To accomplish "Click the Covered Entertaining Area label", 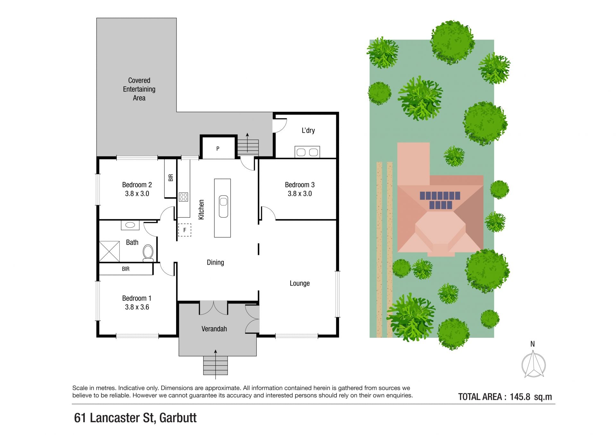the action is (x=139, y=89).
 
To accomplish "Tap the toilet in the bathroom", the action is (x=148, y=253).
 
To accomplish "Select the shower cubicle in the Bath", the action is (x=109, y=251).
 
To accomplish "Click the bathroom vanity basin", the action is (x=130, y=225).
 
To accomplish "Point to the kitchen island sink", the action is (x=223, y=206).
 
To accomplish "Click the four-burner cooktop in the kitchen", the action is (x=183, y=197).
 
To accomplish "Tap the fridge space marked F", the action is (x=184, y=230).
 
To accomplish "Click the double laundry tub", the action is (x=307, y=152).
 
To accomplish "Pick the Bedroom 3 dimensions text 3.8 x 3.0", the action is (x=300, y=194).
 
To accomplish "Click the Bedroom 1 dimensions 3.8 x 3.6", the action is (x=137, y=307).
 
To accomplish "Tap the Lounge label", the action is (x=300, y=283).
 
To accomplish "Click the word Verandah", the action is (x=214, y=329).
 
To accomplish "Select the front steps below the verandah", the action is (x=215, y=365).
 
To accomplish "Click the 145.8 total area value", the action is (x=520, y=397).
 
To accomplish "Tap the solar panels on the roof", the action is (x=440, y=200).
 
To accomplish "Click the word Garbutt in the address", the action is (x=178, y=418).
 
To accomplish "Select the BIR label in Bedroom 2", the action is (x=171, y=178).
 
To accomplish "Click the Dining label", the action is (x=215, y=263).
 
